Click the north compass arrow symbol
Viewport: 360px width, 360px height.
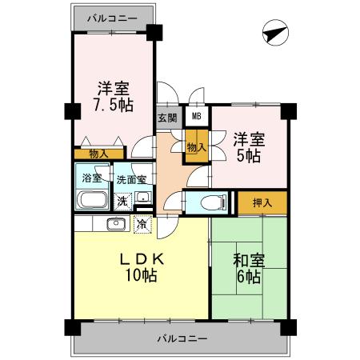point(275,34)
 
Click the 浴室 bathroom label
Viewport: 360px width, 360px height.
point(92,178)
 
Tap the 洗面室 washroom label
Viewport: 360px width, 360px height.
point(130,179)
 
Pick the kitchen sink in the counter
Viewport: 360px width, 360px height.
point(110,224)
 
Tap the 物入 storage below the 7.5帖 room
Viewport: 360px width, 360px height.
point(99,153)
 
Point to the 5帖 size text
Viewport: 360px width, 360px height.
point(248,156)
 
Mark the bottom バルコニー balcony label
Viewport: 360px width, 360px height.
point(182,338)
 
